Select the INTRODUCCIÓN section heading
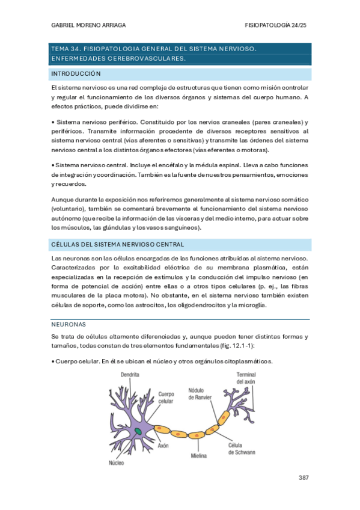pos(76,74)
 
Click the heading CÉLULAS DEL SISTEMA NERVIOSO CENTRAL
pos(117,244)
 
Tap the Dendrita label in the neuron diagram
pos(130,374)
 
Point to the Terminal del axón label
pos(246,378)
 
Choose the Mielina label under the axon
pos(198,455)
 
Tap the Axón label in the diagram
pos(162,446)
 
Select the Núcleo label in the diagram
pos(116,463)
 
